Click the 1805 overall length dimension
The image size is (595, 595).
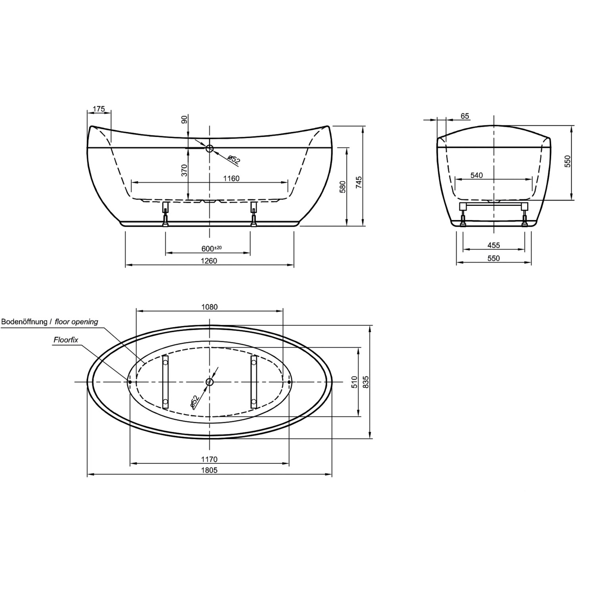[x=209, y=470]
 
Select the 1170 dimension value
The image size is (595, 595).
[x=209, y=459]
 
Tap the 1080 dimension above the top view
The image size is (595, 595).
[x=209, y=307]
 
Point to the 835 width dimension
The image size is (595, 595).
[x=366, y=382]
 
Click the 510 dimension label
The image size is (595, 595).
[x=355, y=382]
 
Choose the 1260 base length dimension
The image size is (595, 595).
[x=209, y=261]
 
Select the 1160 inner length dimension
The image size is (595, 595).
[x=231, y=178]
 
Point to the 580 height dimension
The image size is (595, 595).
[x=343, y=186]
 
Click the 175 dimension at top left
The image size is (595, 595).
[x=98, y=109]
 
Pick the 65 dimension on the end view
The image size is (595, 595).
[x=465, y=116]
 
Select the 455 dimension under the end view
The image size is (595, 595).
[x=493, y=245]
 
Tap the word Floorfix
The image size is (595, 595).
[x=66, y=340]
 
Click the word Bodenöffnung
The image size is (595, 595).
[x=24, y=321]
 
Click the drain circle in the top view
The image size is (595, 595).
[x=209, y=382]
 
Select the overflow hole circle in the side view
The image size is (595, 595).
[x=209, y=149]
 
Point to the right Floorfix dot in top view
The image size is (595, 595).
[x=289, y=382]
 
